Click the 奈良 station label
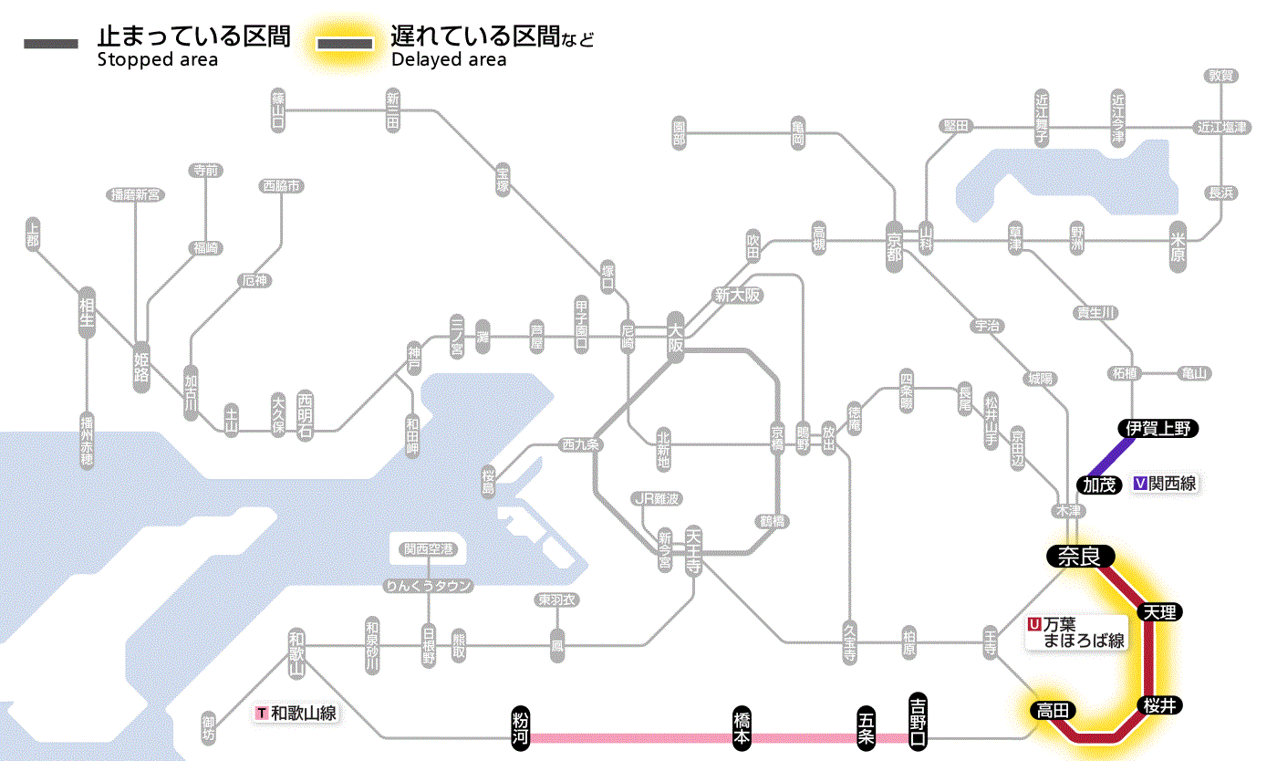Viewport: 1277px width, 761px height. (1079, 556)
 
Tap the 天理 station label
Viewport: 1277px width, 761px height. (1158, 611)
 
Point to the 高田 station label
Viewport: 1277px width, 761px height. (1053, 710)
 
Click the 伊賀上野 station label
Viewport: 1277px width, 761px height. (1158, 428)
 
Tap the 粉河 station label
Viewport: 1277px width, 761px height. (521, 726)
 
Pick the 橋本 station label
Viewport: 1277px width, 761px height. (742, 726)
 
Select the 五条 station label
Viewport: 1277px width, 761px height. (867, 726)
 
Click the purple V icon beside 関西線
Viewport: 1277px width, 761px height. (1140, 485)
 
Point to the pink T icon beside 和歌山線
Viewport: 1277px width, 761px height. (263, 713)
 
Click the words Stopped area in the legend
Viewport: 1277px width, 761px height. (158, 60)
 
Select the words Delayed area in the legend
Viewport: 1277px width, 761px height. (449, 60)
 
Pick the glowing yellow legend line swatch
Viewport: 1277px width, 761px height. (345, 43)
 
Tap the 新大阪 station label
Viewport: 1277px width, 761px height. (737, 295)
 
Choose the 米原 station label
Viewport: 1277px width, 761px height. (1178, 247)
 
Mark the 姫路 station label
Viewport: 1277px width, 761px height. (141, 366)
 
